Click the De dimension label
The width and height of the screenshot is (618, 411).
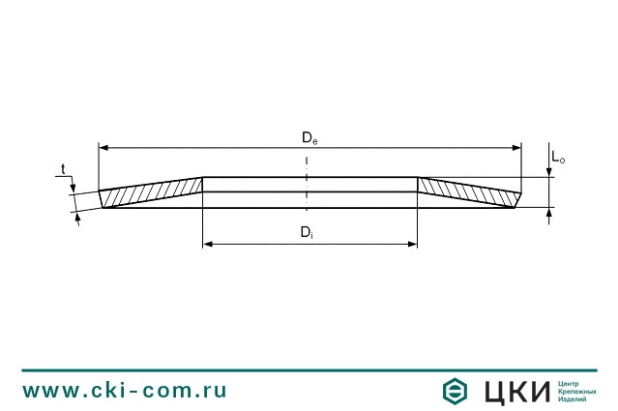pos(309,138)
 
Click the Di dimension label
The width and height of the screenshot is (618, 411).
pos(307,232)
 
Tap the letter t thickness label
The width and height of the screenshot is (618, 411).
pos(63,169)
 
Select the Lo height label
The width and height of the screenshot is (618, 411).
pos(558,158)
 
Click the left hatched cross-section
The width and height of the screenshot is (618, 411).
pos(151,192)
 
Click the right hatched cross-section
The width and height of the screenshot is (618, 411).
pos(469,192)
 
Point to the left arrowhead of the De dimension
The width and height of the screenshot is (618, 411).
pos(103,148)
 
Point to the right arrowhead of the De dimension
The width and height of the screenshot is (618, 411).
pos(516,148)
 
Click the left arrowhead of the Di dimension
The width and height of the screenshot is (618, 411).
pos(208,245)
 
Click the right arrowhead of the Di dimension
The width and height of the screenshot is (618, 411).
pos(412,245)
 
